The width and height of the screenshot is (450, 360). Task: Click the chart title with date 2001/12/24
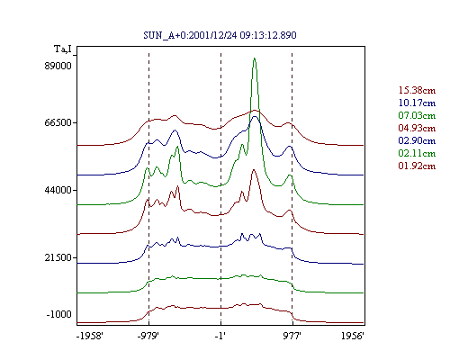(220, 35)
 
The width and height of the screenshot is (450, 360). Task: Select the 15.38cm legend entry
(417, 90)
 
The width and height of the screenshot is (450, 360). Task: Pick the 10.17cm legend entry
(417, 103)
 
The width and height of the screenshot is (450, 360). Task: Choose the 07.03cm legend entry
(417, 115)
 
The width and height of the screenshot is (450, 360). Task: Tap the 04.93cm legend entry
(417, 128)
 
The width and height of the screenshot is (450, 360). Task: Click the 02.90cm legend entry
(417, 140)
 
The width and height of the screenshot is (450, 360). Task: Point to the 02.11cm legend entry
(417, 153)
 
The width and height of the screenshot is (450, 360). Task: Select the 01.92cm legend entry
(417, 166)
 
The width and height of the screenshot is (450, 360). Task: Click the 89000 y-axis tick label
(58, 66)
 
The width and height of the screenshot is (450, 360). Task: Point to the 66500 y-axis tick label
(58, 122)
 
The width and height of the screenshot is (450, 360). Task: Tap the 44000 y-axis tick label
(58, 190)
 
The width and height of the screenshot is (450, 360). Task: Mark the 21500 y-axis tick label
(58, 257)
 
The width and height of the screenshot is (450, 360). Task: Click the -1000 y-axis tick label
(58, 314)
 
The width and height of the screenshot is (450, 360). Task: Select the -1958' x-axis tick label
(90, 336)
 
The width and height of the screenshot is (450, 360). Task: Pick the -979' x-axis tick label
(148, 336)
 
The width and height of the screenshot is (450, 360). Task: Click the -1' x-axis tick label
(220, 336)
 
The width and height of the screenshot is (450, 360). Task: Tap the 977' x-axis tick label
(292, 336)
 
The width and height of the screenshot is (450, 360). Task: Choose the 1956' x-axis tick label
(353, 336)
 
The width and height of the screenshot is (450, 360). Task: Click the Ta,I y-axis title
(63, 49)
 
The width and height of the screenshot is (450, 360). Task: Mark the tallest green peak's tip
(255, 58)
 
